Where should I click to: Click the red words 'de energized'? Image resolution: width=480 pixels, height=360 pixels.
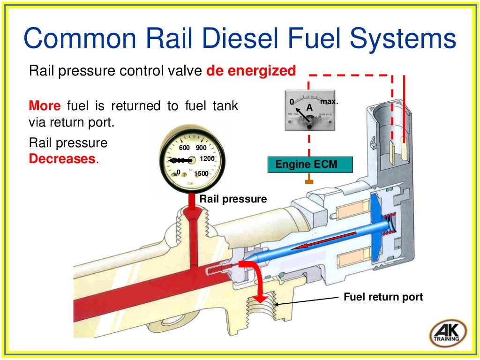[x=251, y=71]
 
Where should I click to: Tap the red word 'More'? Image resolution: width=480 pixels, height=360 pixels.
[x=45, y=106]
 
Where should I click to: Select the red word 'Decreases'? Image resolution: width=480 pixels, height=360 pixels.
[x=62, y=158]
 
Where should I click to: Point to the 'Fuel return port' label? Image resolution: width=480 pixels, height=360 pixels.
[x=383, y=297]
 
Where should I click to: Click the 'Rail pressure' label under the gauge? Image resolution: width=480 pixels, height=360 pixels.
[x=233, y=199]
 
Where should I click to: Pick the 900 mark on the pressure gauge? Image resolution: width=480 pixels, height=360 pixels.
[x=201, y=148]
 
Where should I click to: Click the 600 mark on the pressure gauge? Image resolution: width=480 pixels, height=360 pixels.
[x=184, y=148]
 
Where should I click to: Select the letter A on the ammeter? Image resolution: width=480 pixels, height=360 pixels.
[x=309, y=108]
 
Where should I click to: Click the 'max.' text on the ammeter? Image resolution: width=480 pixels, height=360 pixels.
[x=329, y=101]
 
